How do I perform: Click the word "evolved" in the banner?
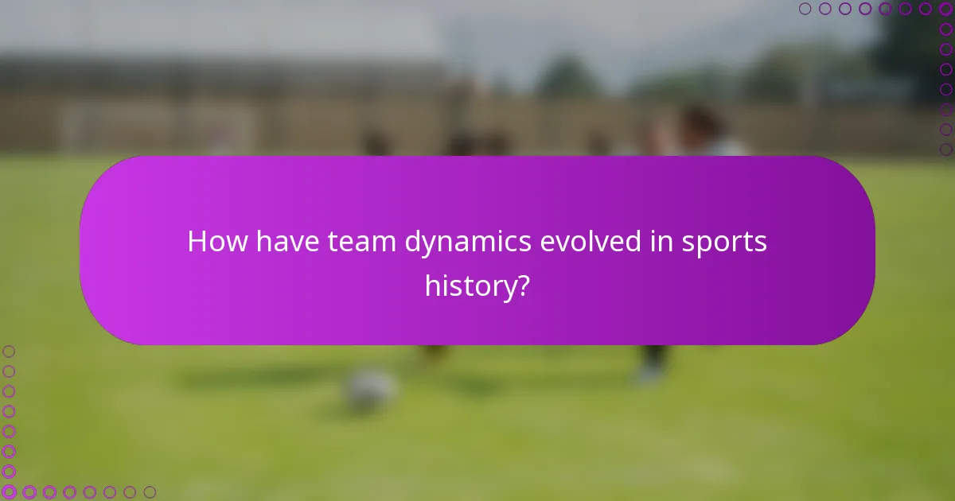point(591,242)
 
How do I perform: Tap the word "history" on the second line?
point(470,286)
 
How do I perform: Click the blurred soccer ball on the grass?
point(370,390)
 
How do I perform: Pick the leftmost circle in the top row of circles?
point(805,9)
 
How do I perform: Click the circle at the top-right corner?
point(945,9)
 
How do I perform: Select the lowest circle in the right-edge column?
point(945,149)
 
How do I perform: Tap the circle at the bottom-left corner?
point(10,492)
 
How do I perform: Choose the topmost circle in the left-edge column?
point(10,351)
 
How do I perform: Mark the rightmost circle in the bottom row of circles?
point(150,492)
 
